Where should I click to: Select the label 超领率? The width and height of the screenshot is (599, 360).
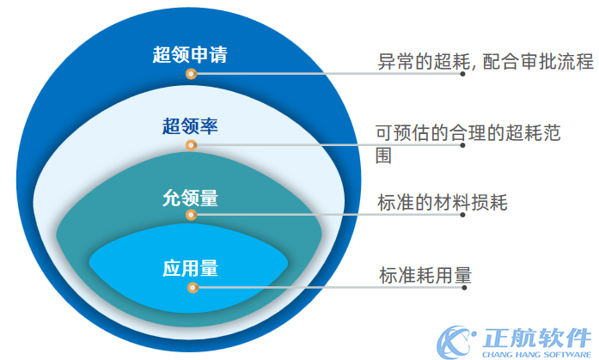point(190,127)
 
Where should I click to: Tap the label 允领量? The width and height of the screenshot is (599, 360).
point(190,198)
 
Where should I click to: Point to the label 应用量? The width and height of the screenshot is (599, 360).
point(190,268)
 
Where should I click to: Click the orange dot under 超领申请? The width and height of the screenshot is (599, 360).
point(191,74)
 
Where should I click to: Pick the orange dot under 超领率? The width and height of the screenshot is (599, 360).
point(191,145)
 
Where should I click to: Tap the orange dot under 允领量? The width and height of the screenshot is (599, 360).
point(191,215)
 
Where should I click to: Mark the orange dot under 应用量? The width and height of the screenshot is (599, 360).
point(191,287)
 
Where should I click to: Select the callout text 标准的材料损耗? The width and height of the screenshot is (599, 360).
point(443,204)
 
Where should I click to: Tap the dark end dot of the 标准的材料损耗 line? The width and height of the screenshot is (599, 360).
point(464,216)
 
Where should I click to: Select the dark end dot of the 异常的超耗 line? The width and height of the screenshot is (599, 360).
point(464,75)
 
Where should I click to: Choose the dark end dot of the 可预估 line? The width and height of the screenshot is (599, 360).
point(464,146)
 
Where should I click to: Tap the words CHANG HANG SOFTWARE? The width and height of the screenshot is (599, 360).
point(537,352)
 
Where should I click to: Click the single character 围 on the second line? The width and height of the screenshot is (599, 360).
point(385,157)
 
